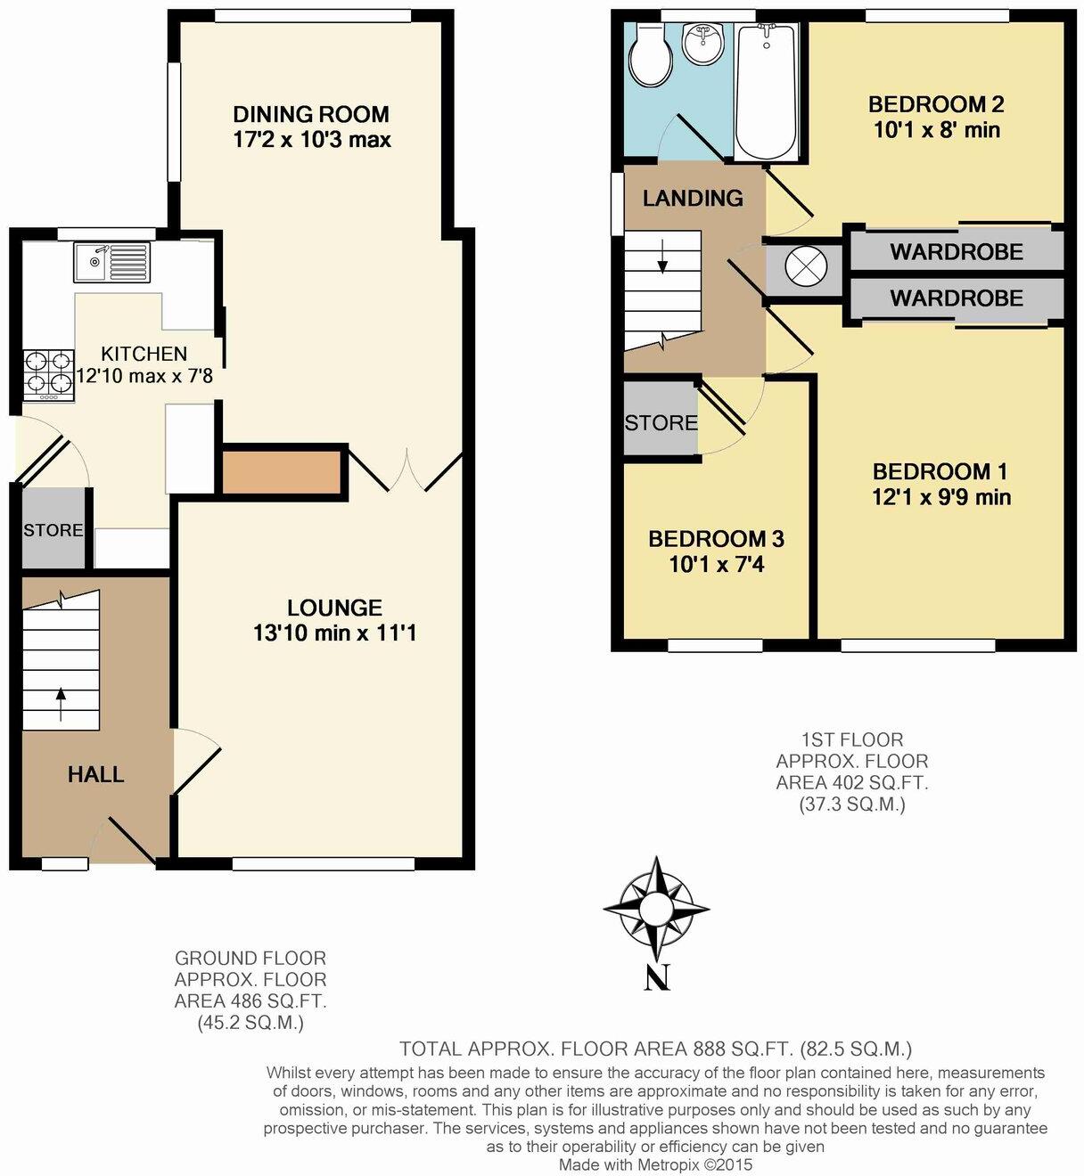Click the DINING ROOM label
(311, 114)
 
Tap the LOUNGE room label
(334, 608)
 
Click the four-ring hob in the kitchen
(49, 372)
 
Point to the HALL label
(95, 774)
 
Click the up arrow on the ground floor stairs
(61, 703)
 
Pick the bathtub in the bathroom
(767, 89)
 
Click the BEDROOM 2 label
(936, 104)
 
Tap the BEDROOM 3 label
(716, 539)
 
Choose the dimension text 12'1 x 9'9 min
(941, 496)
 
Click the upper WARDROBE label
(957, 252)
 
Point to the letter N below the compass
(657, 977)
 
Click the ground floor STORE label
(53, 530)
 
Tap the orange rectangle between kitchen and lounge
(282, 472)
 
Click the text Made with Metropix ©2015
(655, 1164)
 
